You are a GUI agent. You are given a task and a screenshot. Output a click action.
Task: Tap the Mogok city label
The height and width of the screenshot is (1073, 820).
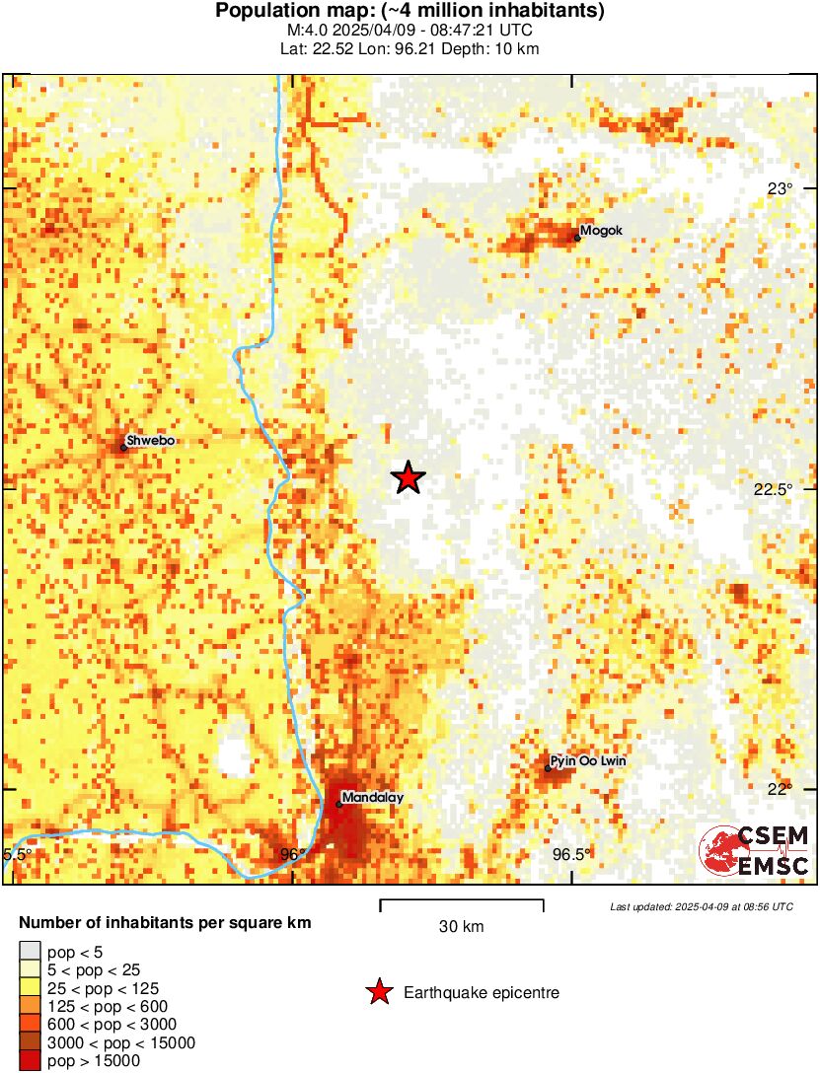point(602,231)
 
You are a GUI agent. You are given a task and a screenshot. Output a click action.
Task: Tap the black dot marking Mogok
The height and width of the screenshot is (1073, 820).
point(577,237)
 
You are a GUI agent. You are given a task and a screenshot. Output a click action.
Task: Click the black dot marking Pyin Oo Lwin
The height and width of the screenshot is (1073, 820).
point(548,768)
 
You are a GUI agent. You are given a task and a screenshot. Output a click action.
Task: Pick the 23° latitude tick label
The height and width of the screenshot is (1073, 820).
point(781,188)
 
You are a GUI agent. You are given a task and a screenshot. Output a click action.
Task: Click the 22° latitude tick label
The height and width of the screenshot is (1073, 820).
point(781,789)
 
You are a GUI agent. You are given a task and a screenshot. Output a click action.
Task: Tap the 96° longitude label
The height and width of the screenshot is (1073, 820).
point(292,854)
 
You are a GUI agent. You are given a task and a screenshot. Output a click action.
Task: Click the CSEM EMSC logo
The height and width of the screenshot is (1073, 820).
point(755,851)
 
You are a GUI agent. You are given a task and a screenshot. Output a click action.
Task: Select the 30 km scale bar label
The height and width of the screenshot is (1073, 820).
point(461,926)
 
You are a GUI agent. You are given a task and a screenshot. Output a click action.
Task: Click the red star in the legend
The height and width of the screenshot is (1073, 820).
point(379,993)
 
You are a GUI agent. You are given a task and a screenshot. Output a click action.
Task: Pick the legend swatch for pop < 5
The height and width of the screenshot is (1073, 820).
point(31,952)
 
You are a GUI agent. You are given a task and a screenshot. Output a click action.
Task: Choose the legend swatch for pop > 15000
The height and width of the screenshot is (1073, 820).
point(31,1061)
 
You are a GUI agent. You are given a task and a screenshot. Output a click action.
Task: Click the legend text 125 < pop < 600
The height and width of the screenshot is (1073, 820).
point(104,1006)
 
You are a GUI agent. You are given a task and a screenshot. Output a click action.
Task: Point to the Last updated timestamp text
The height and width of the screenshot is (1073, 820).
point(701,905)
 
